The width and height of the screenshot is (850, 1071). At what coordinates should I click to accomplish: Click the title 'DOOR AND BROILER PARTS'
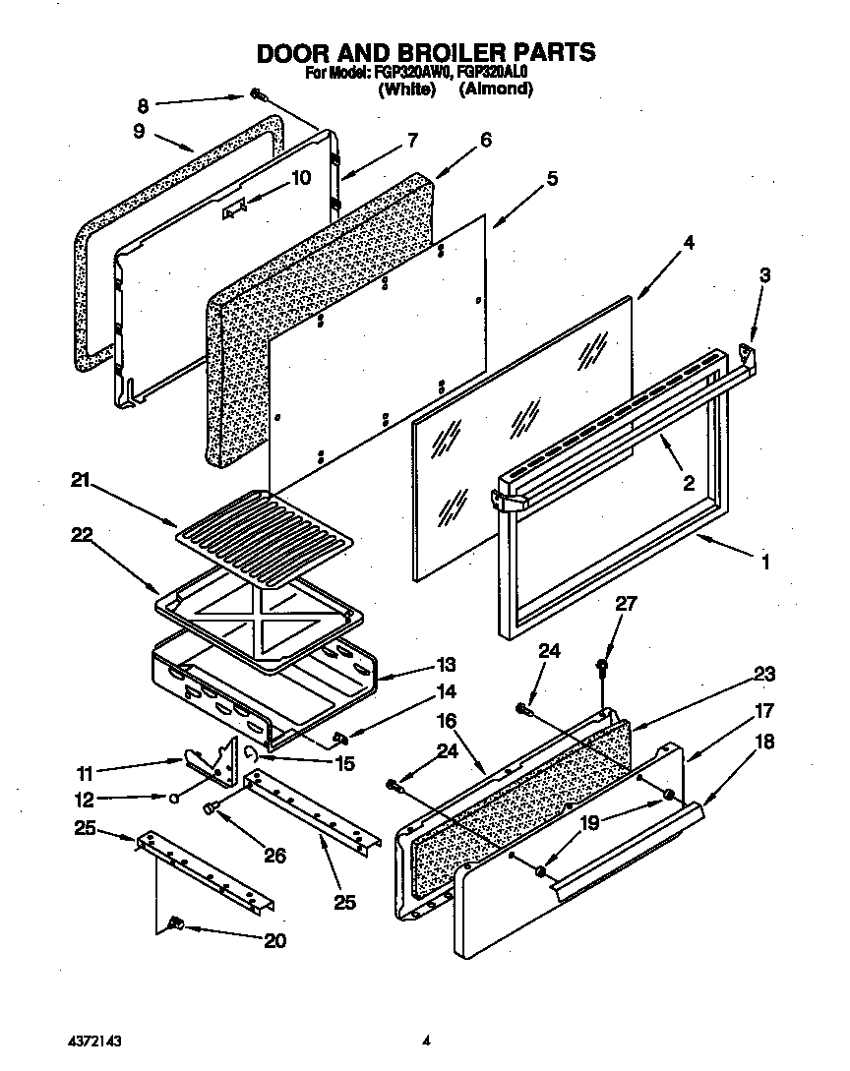(426, 51)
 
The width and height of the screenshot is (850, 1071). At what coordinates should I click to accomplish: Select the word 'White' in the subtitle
(406, 89)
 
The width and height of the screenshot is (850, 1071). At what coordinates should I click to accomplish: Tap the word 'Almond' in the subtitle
(497, 89)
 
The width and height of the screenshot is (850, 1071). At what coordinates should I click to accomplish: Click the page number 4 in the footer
(426, 1039)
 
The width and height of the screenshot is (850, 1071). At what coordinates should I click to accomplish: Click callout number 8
(143, 105)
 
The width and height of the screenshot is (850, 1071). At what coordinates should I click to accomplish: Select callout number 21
(80, 481)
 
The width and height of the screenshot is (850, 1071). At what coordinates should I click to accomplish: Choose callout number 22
(80, 534)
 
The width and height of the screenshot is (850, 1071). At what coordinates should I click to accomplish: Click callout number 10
(300, 178)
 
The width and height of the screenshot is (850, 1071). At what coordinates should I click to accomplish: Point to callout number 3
(765, 278)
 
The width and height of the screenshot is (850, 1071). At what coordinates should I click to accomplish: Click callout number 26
(274, 856)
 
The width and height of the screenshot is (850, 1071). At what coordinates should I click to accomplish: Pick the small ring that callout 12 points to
(173, 798)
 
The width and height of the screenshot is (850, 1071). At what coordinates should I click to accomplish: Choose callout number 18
(764, 743)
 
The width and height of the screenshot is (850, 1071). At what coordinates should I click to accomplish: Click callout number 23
(764, 674)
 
